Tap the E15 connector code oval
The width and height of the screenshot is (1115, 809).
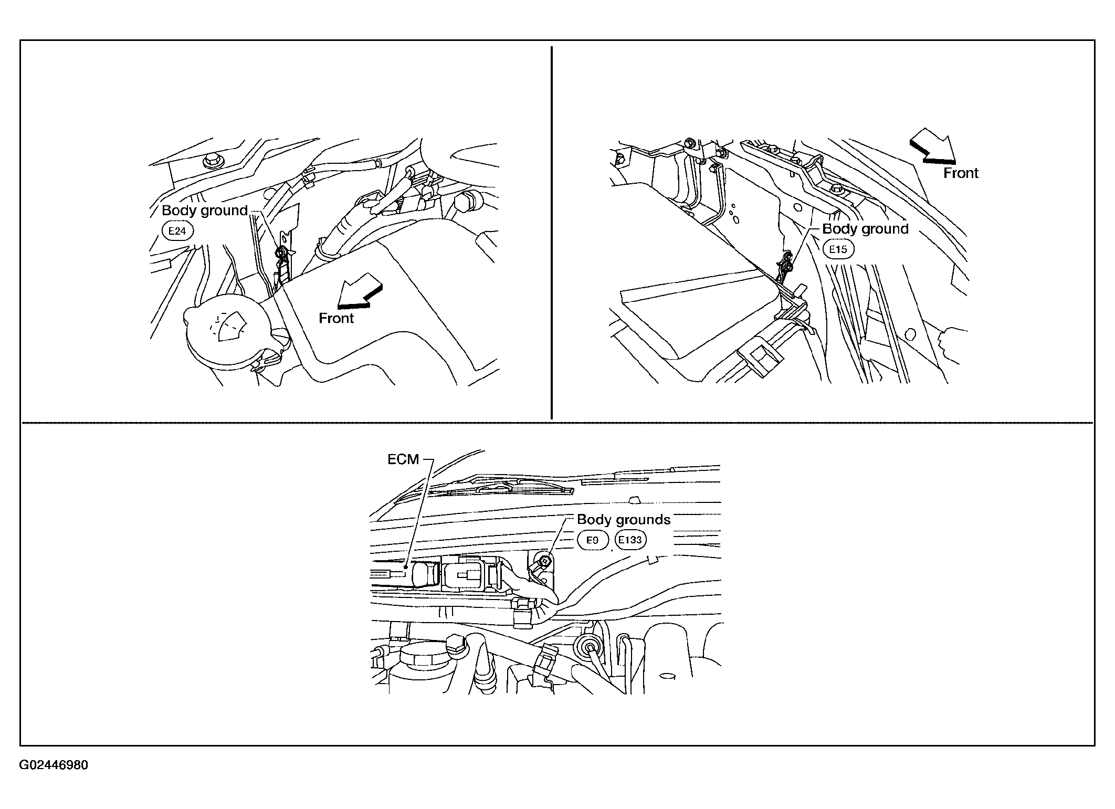point(838,249)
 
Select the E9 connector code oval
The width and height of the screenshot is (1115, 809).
point(592,540)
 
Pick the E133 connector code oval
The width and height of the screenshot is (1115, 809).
point(631,540)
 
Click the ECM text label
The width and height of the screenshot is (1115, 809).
point(403,459)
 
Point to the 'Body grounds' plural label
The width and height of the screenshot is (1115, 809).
point(624,520)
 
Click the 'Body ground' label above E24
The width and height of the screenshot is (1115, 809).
point(205,211)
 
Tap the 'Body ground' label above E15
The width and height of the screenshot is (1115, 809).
point(865,229)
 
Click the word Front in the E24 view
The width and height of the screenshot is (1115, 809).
point(336,318)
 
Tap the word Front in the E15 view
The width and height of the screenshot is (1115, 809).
point(961,173)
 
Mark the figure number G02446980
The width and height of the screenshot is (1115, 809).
point(54,765)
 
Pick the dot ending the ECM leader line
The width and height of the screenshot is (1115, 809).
point(407,567)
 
